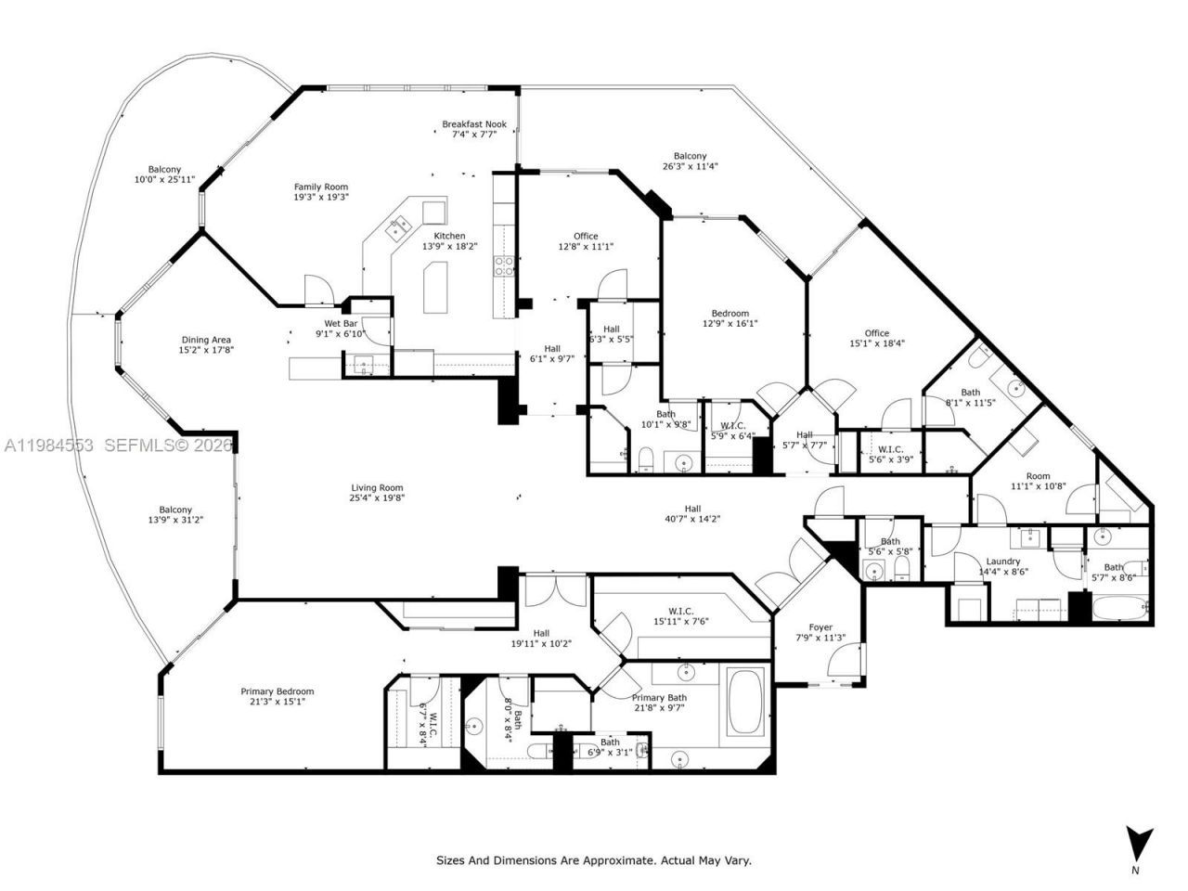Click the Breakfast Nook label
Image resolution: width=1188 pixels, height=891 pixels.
pos(473,123)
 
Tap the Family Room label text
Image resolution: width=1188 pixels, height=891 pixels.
pos(321,187)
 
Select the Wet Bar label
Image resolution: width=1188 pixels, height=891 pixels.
pos(342,323)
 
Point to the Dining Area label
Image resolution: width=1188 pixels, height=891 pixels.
pos(205,340)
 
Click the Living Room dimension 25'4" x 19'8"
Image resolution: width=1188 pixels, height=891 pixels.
pos(377,497)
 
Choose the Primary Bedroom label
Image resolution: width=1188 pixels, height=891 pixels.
pos(277,691)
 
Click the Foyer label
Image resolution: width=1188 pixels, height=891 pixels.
pos(820,627)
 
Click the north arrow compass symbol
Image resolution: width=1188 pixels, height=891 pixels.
pos(1139,843)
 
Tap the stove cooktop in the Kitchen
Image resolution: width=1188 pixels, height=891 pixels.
pos(504,266)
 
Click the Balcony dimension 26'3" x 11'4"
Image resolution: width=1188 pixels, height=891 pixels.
pos(690,167)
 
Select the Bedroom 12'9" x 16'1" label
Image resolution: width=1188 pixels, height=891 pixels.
pos(730,314)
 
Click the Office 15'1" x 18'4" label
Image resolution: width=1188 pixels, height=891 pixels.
pos(876,333)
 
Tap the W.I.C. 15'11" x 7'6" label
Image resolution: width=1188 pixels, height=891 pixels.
pos(680,611)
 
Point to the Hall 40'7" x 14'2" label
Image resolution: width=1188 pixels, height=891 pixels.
pos(692,509)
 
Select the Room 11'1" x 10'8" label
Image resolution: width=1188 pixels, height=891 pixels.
pos(1038,476)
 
